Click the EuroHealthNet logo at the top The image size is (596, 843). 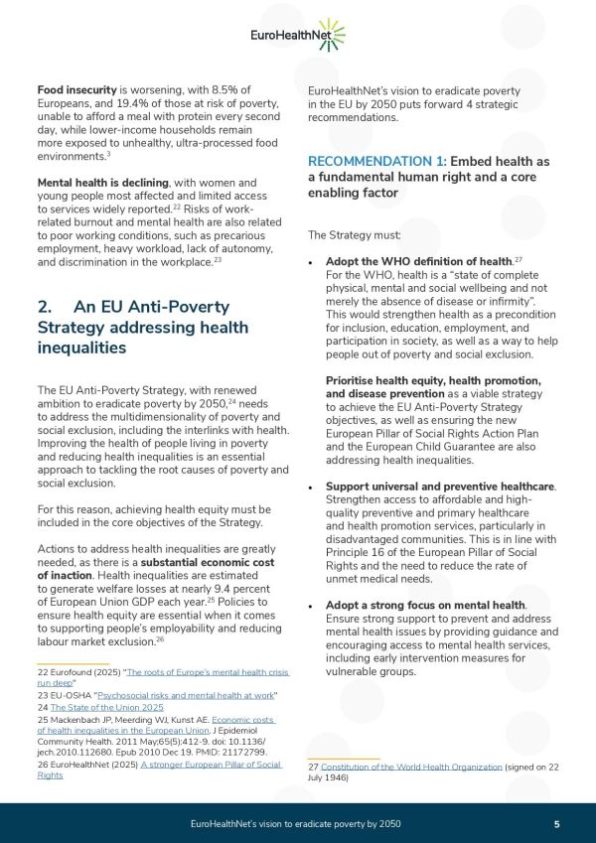298,37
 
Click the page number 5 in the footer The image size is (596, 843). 556,824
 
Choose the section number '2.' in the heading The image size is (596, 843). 47,306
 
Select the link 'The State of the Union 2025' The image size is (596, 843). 95,707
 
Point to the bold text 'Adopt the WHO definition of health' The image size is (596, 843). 418,260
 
